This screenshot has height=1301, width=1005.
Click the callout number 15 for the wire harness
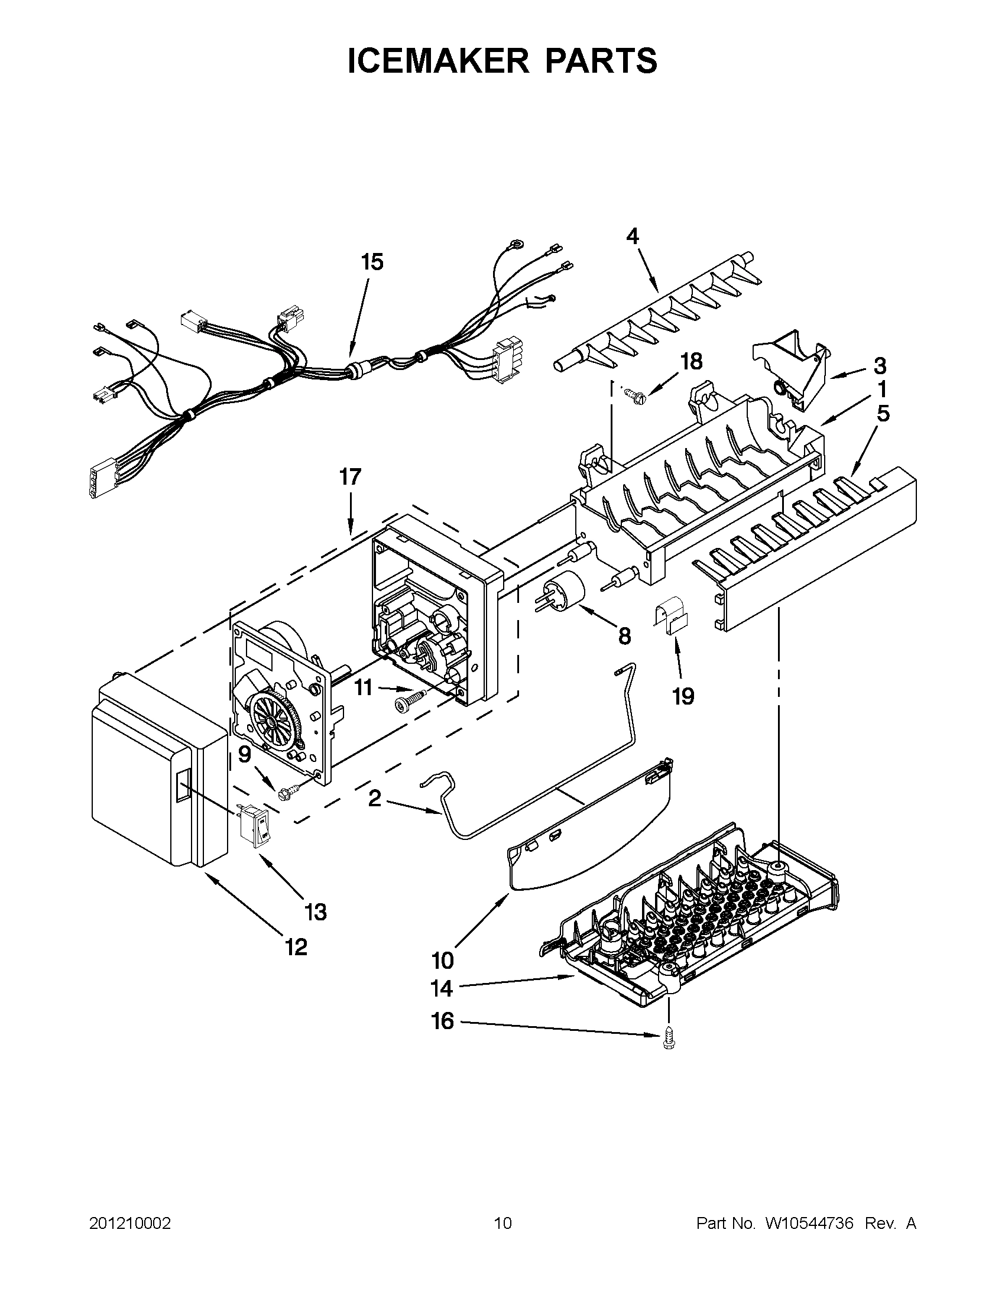point(372,262)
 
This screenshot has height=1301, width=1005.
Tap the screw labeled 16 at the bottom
point(668,1041)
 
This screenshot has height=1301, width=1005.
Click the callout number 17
point(351,477)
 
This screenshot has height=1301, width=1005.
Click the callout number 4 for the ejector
point(633,237)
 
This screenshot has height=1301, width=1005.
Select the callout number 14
point(442,989)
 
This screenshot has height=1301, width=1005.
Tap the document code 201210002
point(130,1224)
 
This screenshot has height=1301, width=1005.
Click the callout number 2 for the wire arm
point(374,798)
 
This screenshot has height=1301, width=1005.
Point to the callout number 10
point(443,961)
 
